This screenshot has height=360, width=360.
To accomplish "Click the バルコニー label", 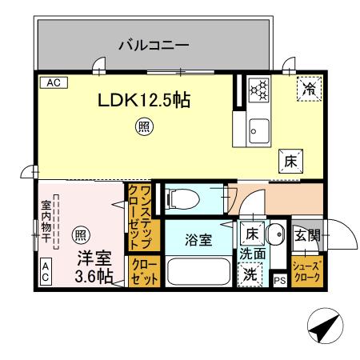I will (x=154, y=44).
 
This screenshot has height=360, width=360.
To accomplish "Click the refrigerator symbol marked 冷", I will (x=307, y=90).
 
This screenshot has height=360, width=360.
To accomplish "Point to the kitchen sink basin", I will (x=260, y=129).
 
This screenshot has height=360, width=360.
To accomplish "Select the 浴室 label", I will (x=198, y=239).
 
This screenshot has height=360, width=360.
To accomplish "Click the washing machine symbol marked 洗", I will (x=251, y=272).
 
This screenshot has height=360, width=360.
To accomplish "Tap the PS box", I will (x=279, y=280).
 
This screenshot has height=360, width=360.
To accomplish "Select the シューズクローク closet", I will (x=306, y=272).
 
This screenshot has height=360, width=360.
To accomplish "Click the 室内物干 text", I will (x=46, y=222).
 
